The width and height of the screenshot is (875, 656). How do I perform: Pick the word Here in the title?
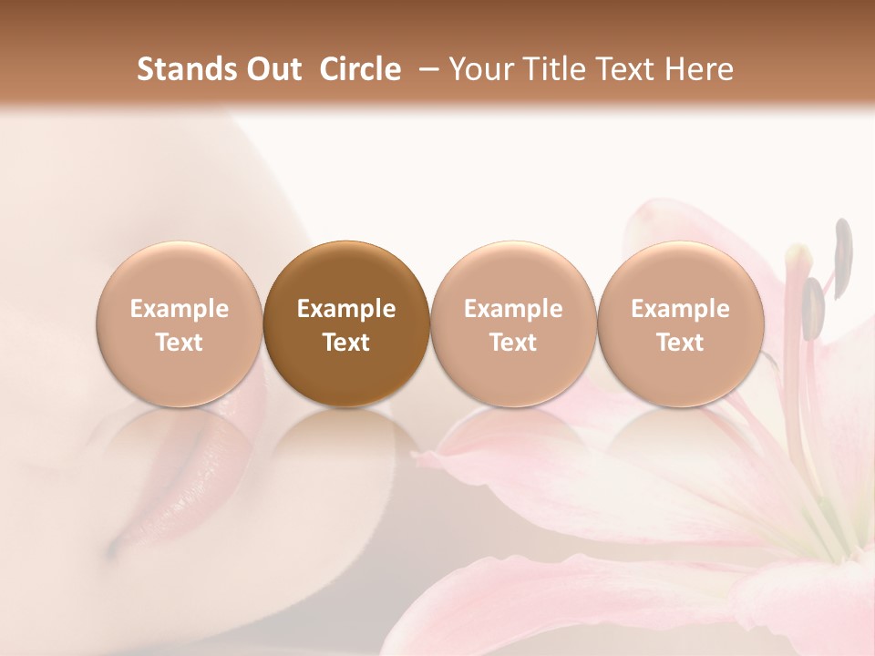pos(700,69)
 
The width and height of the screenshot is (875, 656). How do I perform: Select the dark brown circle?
pos(346,323)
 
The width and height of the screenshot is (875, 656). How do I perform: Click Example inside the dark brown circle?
pos(346,309)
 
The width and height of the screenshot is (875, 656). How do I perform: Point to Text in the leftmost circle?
pos(179,343)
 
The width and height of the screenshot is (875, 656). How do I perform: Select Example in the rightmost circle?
pos(680,309)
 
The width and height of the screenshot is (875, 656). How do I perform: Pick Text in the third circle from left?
pos(513,343)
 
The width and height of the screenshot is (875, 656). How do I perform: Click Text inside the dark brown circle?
pos(346,343)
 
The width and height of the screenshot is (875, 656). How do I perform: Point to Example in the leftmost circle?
pos(179,309)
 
